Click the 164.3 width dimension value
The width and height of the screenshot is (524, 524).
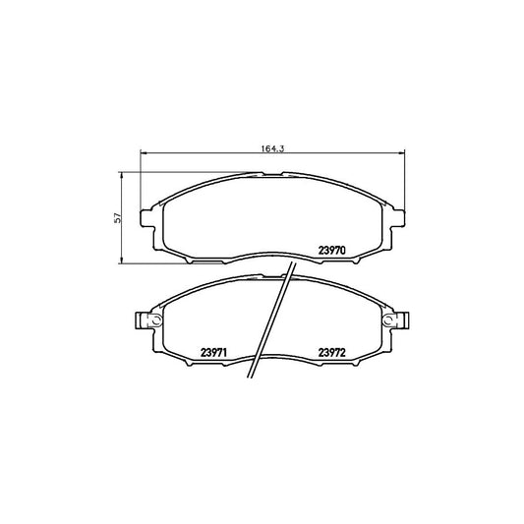point(272,148)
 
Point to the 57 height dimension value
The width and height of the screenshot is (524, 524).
point(117,218)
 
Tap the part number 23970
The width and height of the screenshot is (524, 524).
point(331,251)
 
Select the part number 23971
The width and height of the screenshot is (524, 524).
point(213,353)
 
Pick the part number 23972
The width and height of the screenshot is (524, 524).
point(332,353)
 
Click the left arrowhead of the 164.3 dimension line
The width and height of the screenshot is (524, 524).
point(144,153)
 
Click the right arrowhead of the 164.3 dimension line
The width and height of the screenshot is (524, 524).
point(401,153)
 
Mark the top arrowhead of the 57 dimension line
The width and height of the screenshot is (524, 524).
point(122,176)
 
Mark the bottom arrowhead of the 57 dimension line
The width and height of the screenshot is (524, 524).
point(122,260)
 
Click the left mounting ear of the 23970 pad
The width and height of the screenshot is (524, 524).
point(147,218)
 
